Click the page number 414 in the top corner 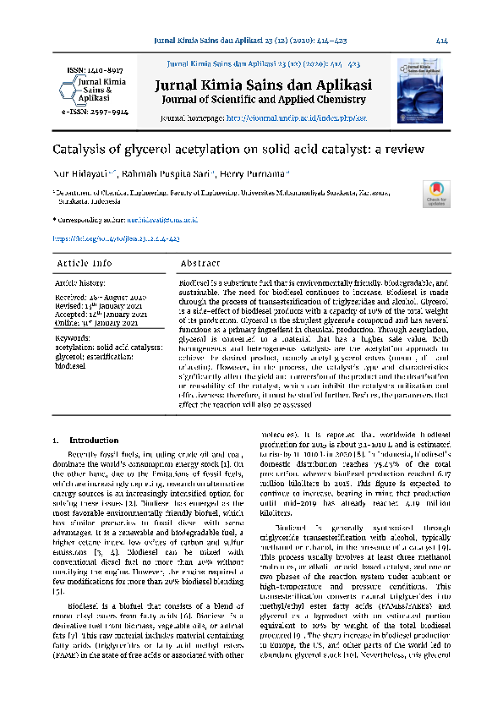(x=441, y=41)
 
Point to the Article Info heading (x=84, y=264)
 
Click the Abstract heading (x=200, y=264)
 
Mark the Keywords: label (x=73, y=337)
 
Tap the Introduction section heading (x=94, y=441)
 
